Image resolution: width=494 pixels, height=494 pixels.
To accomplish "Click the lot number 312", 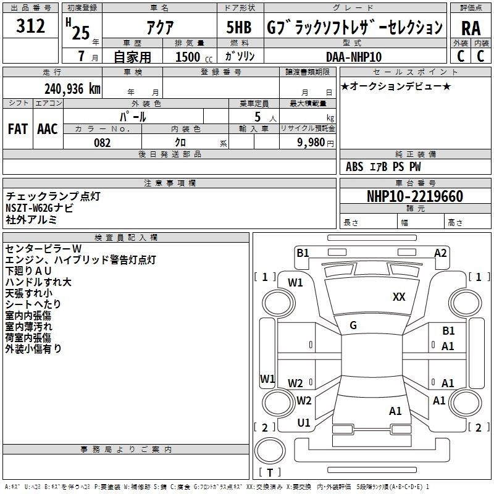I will pos(31,27).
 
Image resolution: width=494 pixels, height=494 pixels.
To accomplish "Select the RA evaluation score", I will pos(471,28).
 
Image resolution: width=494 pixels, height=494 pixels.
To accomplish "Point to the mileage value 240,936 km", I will pos(72,88).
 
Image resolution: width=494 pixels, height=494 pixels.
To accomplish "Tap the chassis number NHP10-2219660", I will pos(415,196).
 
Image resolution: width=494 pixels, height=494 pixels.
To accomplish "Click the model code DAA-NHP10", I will pos(354,57).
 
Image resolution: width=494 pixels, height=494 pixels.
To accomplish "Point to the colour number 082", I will pos(103,143).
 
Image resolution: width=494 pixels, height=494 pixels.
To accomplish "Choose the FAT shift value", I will pos(17,129).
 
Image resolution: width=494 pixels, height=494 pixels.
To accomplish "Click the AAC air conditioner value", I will pos(48,129).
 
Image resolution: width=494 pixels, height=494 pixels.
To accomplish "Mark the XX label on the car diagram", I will pos(399,297).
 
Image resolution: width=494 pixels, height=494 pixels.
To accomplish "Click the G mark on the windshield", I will pos(353,325).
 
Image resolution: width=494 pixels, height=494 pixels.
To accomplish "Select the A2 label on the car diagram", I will pos(440,253).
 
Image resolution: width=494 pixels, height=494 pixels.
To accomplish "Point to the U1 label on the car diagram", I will pos(304,423).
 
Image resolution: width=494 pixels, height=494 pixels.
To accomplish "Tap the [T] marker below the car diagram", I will pos(269,472).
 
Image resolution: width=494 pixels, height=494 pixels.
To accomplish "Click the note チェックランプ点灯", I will pos(52,196).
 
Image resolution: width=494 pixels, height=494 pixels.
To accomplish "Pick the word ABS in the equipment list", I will pos(354,167).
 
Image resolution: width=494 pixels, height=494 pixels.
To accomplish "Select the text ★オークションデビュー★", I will pos(396,86).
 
